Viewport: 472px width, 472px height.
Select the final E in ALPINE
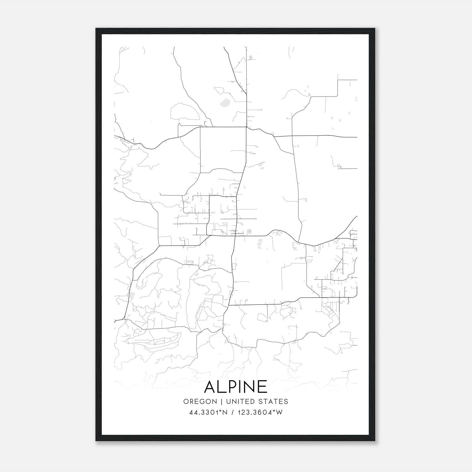262,387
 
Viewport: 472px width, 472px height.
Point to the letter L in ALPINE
222,387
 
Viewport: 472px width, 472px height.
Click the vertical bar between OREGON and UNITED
219,401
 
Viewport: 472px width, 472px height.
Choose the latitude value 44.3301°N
208,412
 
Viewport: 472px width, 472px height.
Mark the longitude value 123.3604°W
261,412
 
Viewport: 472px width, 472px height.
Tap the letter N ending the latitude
225,412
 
